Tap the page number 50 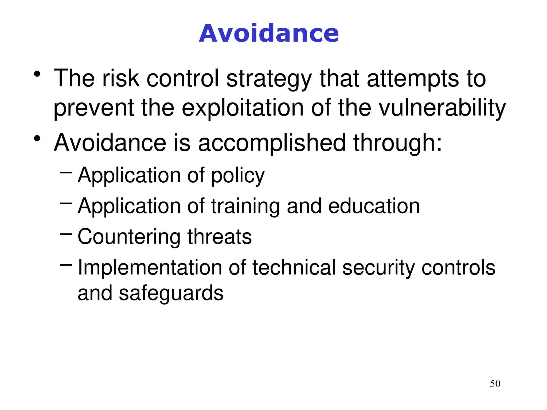pyautogui.click(x=495, y=384)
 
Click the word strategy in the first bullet pyautogui.click(x=269, y=79)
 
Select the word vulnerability pyautogui.click(x=442, y=108)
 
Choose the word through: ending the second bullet pyautogui.click(x=397, y=143)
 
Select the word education pyautogui.click(x=374, y=206)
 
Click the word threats pyautogui.click(x=220, y=237)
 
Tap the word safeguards pyautogui.click(x=171, y=293)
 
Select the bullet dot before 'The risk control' pyautogui.click(x=37, y=74)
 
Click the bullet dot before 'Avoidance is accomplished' pyautogui.click(x=37, y=138)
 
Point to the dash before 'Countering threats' pyautogui.click(x=66, y=234)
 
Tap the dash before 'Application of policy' pyautogui.click(x=66, y=173)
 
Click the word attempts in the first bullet pyautogui.click(x=413, y=79)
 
